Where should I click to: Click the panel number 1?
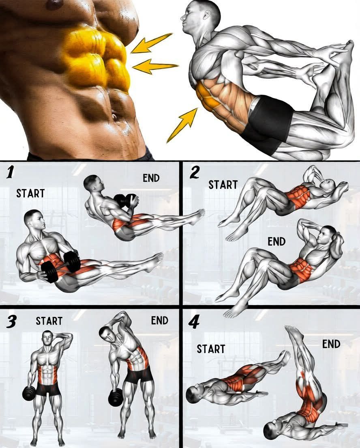(x=10, y=172)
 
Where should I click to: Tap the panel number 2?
(x=195, y=172)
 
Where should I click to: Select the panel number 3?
(x=11, y=322)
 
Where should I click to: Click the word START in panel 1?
(x=30, y=194)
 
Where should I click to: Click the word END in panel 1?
(x=151, y=178)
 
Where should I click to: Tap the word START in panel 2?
(x=223, y=185)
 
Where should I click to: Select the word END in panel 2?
(x=276, y=242)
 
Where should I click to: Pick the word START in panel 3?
(x=49, y=321)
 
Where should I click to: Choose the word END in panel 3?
(x=160, y=320)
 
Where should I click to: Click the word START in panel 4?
(x=211, y=349)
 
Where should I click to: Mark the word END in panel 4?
(x=331, y=344)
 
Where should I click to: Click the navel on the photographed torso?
(x=114, y=117)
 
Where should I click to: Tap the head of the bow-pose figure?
(x=201, y=17)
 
